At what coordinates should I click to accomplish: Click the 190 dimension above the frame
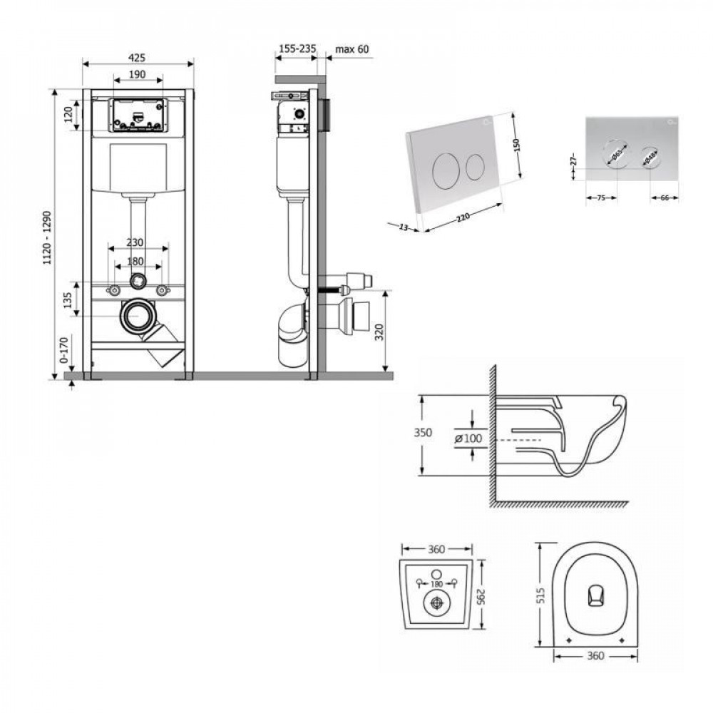pyautogui.click(x=138, y=74)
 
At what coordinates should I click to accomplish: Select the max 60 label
pyautogui.click(x=352, y=48)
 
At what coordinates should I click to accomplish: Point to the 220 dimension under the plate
pyautogui.click(x=465, y=213)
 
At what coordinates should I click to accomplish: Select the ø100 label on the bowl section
pyautogui.click(x=468, y=438)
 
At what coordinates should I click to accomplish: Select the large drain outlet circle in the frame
pyautogui.click(x=138, y=317)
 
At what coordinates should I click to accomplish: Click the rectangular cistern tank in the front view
pyautogui.click(x=138, y=168)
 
